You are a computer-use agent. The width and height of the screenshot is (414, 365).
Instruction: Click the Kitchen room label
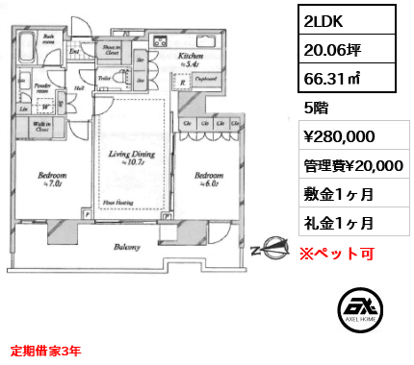pos(191,58)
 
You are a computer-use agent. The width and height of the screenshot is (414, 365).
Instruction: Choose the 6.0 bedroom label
pos(208,178)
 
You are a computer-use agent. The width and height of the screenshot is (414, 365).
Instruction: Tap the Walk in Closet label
pos(41,125)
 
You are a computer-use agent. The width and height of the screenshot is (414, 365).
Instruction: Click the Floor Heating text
pos(118,204)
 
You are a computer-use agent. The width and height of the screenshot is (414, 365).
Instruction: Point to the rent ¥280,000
pos(339,137)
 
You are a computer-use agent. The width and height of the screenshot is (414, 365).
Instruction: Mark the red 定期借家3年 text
pos(45,352)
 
